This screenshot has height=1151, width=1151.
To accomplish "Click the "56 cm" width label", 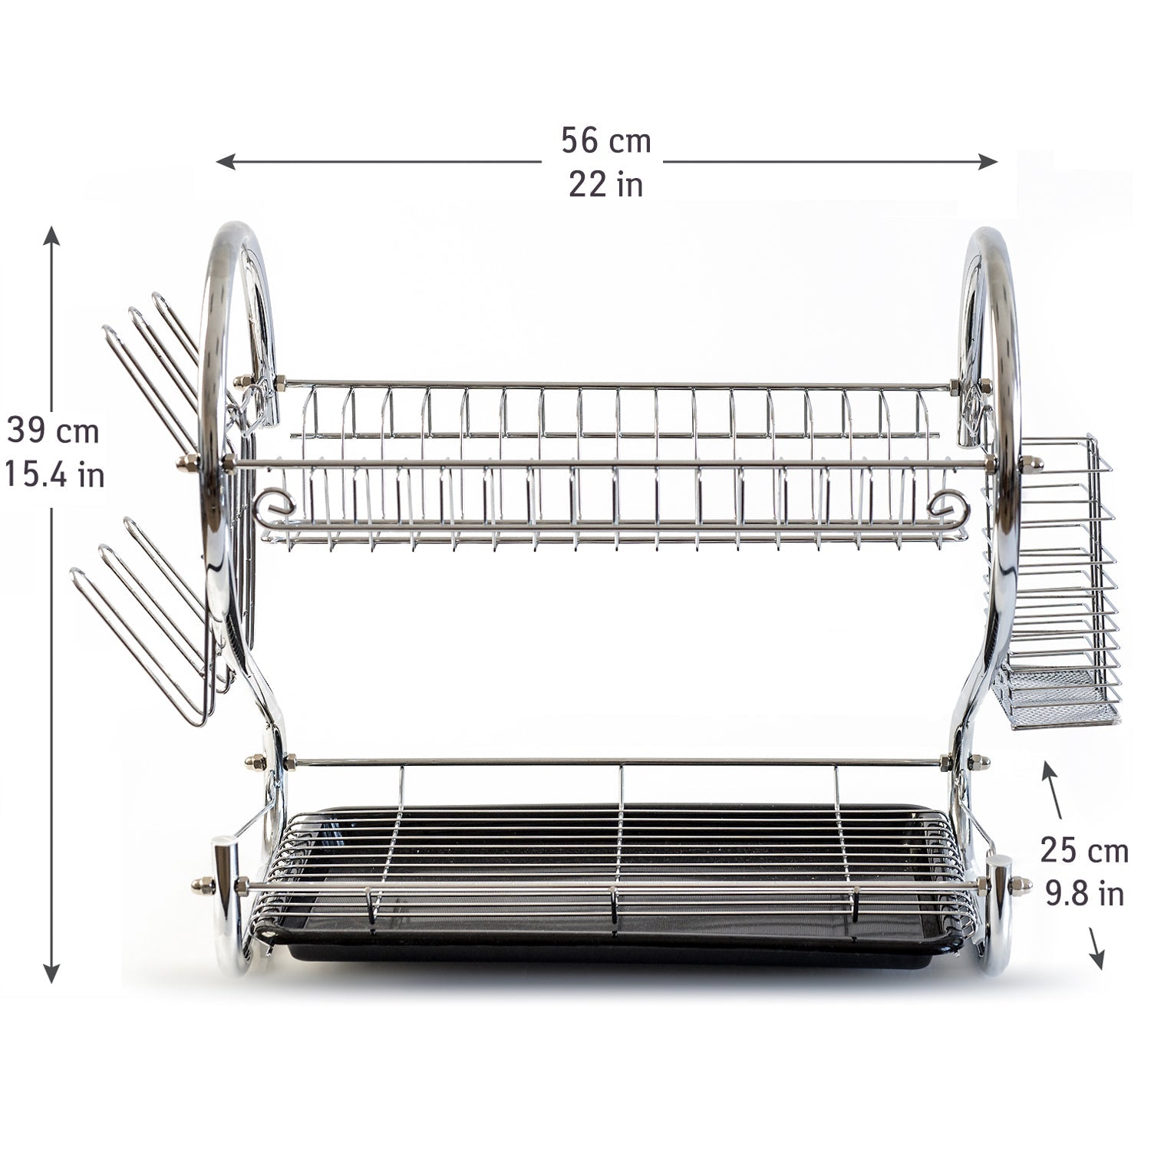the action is pos(605,141).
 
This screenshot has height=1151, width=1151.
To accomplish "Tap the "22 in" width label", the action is pos(605,185).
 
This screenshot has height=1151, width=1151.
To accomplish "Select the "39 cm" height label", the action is pos(53,431).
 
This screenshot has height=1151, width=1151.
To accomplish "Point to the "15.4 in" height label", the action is pos(54,475).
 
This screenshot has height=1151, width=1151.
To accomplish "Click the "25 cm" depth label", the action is pos(1084,851).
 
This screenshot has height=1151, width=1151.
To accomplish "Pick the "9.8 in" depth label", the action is pos(1085,893).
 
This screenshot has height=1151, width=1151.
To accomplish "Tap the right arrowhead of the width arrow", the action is pos(988,162).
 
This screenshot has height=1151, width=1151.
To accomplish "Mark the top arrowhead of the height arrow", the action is pos(51,234).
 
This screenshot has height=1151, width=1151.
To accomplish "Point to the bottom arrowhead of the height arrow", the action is pos(51,973).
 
